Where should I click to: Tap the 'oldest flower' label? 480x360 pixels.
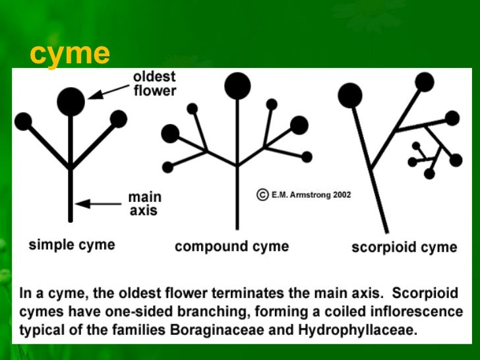click(155, 84)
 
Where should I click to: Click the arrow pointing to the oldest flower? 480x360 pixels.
click(109, 91)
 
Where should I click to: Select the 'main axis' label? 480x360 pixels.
click(144, 204)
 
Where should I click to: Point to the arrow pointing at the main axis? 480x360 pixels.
click(99, 204)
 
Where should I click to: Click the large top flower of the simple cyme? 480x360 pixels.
click(71, 101)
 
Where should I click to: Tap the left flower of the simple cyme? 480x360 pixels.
click(23, 121)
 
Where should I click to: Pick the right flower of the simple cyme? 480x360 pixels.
click(119, 119)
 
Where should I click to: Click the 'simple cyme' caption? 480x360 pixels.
click(71, 245)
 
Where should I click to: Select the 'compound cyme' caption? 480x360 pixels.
click(231, 247)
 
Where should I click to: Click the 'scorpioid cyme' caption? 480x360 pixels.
click(404, 247)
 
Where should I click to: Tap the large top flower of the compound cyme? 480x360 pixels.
click(237, 86)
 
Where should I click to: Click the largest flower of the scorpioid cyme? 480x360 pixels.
click(350, 96)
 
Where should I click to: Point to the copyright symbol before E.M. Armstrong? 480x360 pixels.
click(262, 195)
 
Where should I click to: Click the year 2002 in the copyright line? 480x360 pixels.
click(341, 195)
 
